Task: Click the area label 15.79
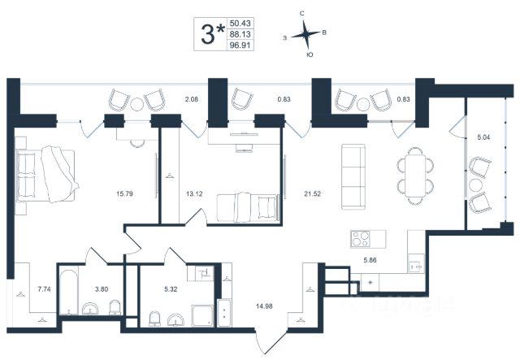pos(124,193)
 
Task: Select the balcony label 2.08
pos(191,99)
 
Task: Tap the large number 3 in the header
pos(209,33)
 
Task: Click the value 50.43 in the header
pos(240,24)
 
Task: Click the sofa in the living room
pos(352,176)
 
